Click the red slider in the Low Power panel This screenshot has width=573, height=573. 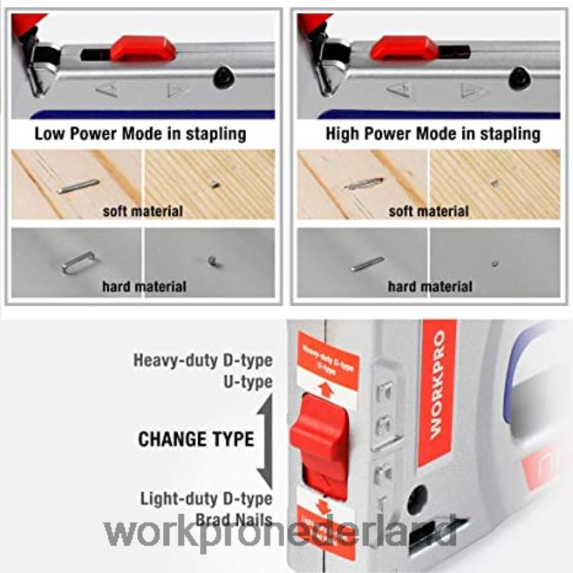click(142, 48)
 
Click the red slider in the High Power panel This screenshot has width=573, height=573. click(404, 48)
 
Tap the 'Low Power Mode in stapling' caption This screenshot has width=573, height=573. click(140, 134)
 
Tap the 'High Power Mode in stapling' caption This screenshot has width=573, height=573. click(432, 134)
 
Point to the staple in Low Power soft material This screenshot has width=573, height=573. click(78, 185)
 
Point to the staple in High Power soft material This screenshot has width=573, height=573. click(363, 184)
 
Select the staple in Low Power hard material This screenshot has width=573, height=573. click(78, 261)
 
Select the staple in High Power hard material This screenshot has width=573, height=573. click(366, 263)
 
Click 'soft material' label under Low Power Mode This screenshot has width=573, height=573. click(143, 212)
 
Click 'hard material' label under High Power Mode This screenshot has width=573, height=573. click(429, 286)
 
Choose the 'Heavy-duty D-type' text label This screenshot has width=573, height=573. click(203, 361)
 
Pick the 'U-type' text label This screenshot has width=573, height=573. click(247, 383)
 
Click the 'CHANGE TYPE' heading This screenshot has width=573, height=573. click(196, 439)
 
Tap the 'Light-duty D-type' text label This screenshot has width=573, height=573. click(205, 499)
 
